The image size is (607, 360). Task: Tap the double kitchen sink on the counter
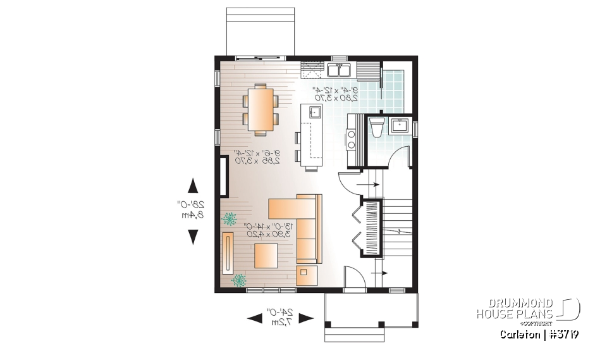click(x=341, y=68)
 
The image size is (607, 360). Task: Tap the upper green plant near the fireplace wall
click(x=229, y=219)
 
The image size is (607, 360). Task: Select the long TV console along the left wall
click(x=228, y=252)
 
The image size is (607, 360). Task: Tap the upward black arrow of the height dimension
click(x=193, y=185)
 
